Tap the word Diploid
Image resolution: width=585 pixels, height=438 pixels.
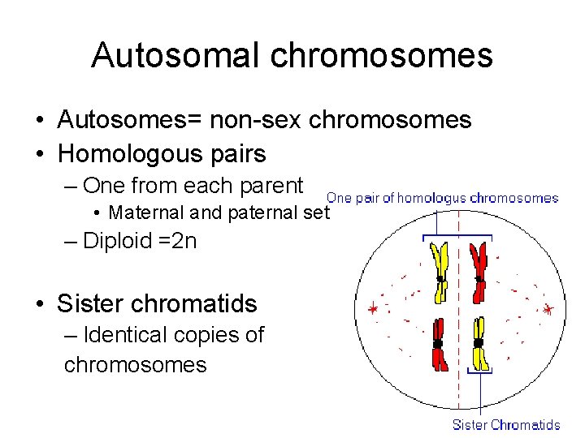point(117,241)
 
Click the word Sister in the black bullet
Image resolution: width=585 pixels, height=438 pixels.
point(88,304)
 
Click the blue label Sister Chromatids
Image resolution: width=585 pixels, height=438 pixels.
point(505,424)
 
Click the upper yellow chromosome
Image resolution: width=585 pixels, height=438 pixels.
point(440,272)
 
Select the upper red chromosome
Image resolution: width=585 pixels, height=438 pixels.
point(479,272)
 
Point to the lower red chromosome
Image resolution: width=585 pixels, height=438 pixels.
point(439,345)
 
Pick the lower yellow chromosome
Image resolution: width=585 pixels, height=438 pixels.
point(479,345)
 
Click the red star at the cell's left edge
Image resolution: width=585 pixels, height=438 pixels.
point(373,310)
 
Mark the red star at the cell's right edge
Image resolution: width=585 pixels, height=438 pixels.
point(548,310)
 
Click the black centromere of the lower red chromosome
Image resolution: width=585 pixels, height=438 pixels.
point(438,344)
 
